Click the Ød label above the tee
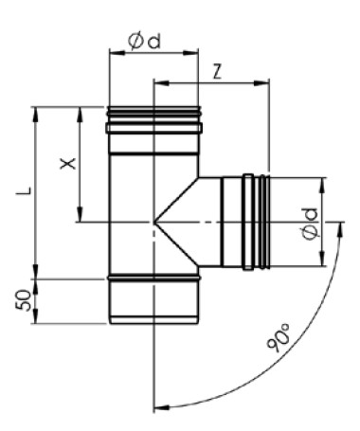[145, 42]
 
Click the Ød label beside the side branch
[310, 224]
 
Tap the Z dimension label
[217, 71]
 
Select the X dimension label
[68, 164]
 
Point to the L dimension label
[24, 190]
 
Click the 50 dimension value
[24, 299]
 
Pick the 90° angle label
[279, 337]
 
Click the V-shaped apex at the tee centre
[154, 223]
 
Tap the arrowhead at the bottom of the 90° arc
[161, 407]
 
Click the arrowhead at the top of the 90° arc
[340, 229]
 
